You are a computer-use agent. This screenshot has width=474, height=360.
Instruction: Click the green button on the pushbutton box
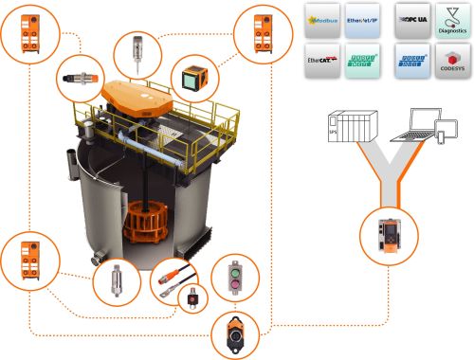coord(233,285)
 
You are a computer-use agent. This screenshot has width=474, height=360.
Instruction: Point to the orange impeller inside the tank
coord(146,219)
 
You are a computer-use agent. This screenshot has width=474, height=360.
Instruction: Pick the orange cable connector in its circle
coord(172,277)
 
